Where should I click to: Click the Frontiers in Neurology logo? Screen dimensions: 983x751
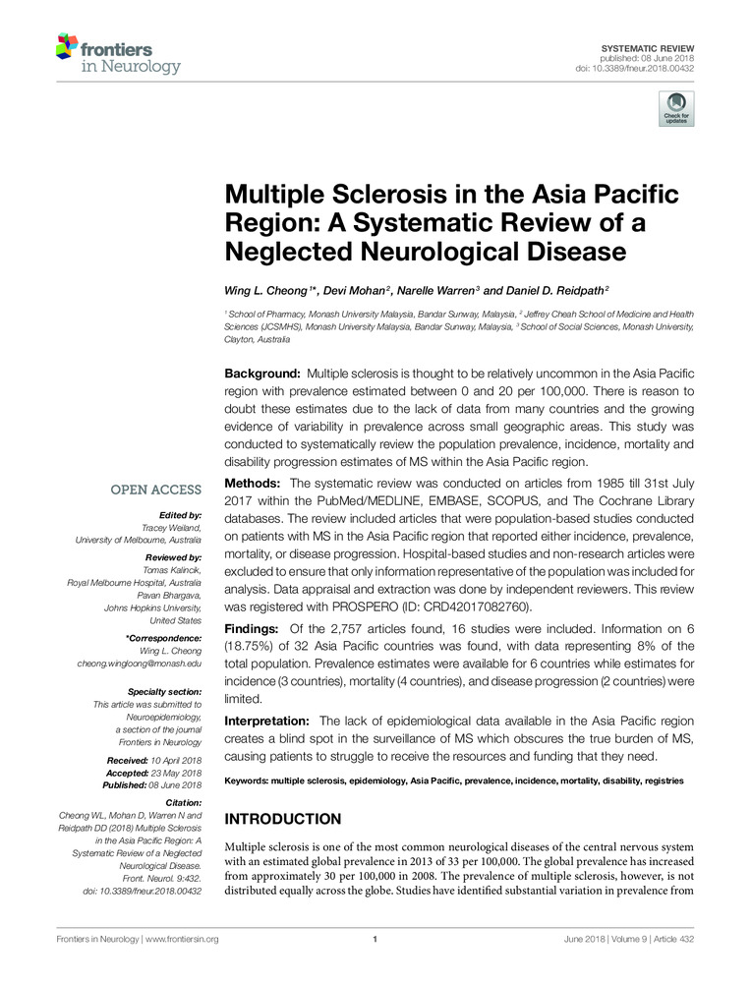117,53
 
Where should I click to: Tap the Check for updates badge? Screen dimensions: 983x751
675,108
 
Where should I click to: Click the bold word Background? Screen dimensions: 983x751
262,375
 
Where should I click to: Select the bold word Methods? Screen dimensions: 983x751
254,485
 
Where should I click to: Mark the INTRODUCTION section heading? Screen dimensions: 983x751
283,819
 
